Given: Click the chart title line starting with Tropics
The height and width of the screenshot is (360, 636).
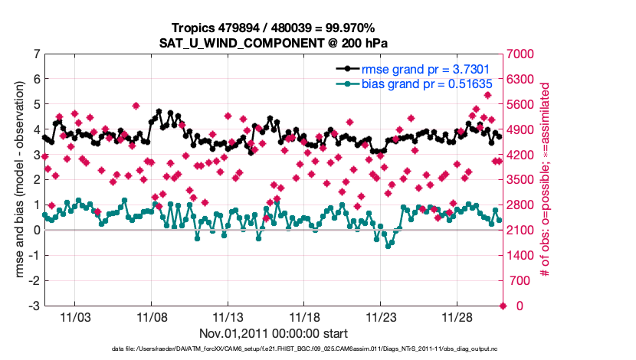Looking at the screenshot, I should pyautogui.click(x=274, y=28).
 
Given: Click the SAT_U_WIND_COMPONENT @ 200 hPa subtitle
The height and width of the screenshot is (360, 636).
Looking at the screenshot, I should pyautogui.click(x=274, y=42).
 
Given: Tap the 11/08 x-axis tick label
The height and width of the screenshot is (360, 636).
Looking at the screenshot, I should pyautogui.click(x=152, y=316).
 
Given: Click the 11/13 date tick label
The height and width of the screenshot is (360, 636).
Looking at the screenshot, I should pyautogui.click(x=228, y=316).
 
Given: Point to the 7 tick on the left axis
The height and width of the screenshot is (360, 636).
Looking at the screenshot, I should pyautogui.click(x=36, y=54).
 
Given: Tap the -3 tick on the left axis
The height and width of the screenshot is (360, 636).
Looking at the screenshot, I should pyautogui.click(x=34, y=306).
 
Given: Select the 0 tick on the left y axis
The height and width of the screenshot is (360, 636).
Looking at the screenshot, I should pyautogui.click(x=36, y=230).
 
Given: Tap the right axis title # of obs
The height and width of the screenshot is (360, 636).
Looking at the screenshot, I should pyautogui.click(x=546, y=180).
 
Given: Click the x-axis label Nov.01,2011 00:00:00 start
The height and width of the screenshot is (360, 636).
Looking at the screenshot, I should pyautogui.click(x=274, y=333).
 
